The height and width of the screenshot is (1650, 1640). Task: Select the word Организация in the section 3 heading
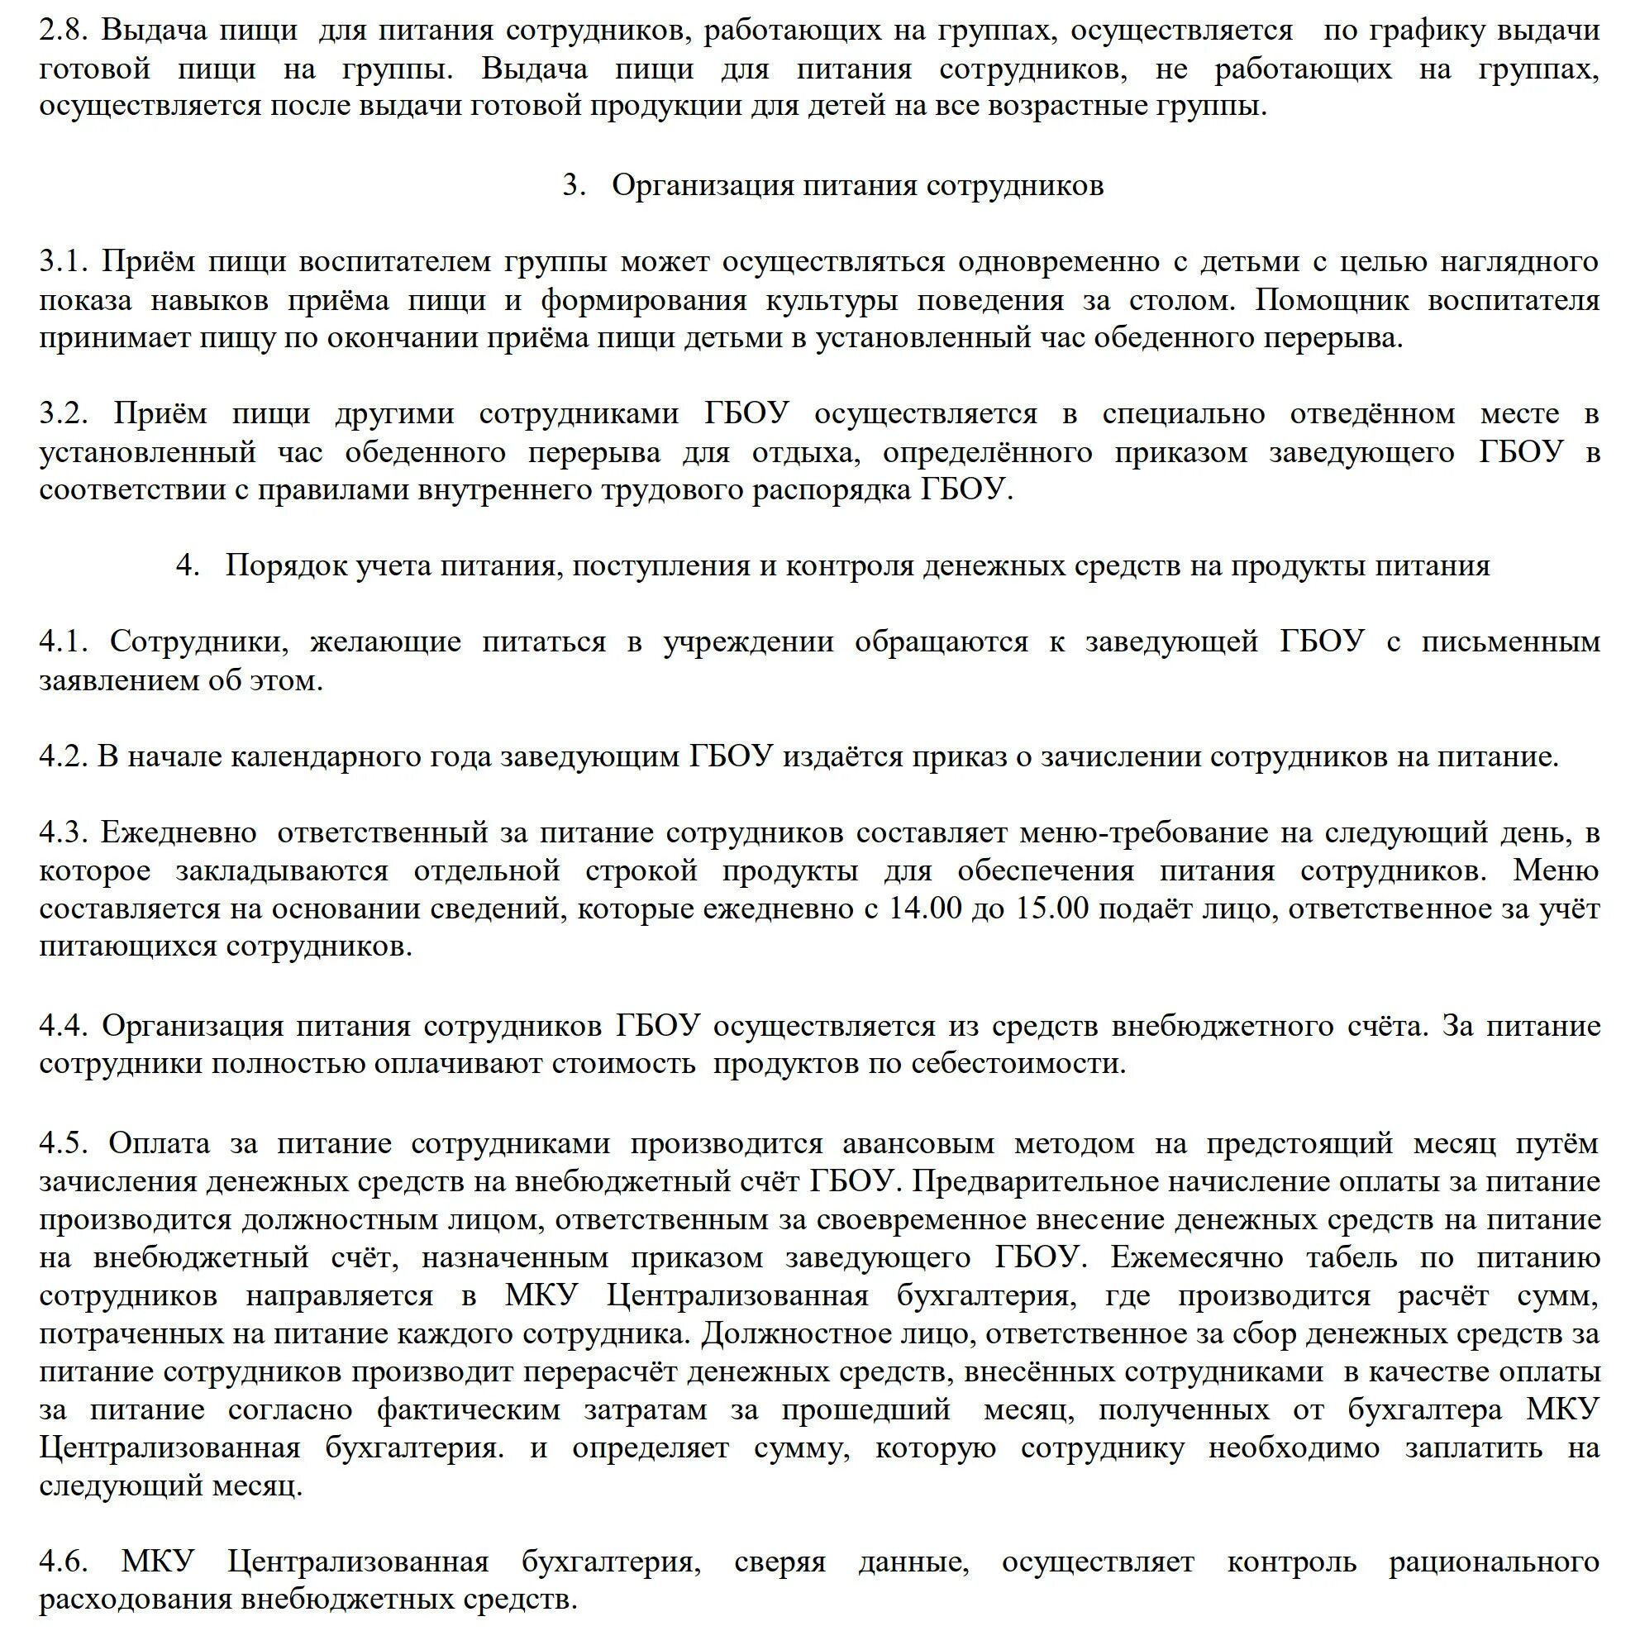701,185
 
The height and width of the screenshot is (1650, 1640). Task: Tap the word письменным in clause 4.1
1510,641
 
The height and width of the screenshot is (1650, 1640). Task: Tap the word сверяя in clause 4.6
779,1562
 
